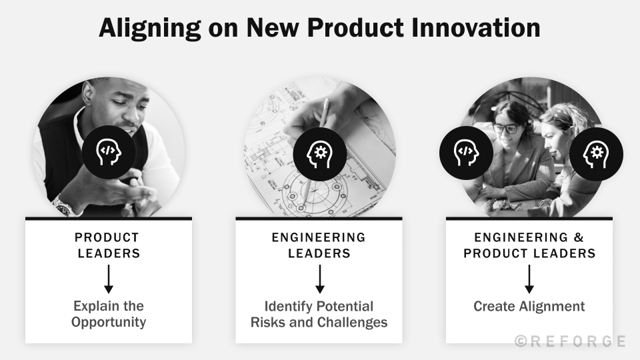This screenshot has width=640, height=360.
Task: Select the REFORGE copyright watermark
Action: [570, 341]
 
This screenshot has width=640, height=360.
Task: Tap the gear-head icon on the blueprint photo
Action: [319, 153]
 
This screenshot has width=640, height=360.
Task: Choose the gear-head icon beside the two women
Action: [595, 154]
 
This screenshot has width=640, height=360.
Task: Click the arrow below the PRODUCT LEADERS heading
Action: [109, 279]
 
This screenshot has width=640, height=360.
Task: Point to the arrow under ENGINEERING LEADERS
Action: [319, 279]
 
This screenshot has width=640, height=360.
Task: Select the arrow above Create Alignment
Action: [529, 279]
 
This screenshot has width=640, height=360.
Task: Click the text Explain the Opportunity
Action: [109, 314]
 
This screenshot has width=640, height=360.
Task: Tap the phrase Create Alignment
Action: [529, 307]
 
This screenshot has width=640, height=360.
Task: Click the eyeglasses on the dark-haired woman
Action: [505, 128]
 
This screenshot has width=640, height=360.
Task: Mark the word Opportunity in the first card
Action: [109, 323]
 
